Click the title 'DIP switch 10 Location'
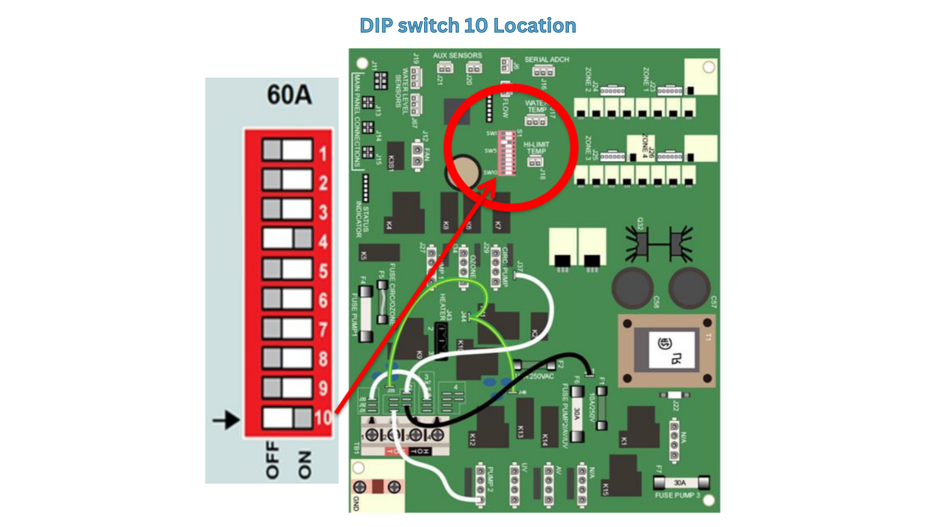pos(468,26)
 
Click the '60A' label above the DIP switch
pos(289,95)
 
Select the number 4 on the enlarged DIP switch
pos(323,242)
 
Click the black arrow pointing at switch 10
pos(226,420)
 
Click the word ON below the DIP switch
pos(304,465)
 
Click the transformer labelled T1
pos(667,350)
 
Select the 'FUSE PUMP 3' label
pos(677,495)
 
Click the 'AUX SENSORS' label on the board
pos(457,56)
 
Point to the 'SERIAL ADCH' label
pos(546,60)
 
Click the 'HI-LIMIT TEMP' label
pos(536,148)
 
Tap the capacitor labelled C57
pos(689,288)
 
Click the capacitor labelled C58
pos(633,288)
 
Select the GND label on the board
pos(355,503)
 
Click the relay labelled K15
pos(624,476)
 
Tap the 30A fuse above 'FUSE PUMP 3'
pos(681,483)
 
